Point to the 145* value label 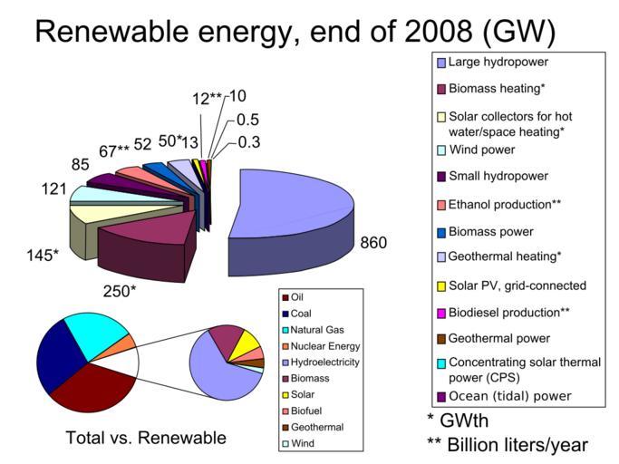tap(42, 255)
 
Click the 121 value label tap(52, 188)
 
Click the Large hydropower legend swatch tap(441, 63)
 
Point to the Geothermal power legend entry tap(500, 339)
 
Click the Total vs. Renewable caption tap(146, 438)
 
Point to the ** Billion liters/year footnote tap(507, 444)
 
